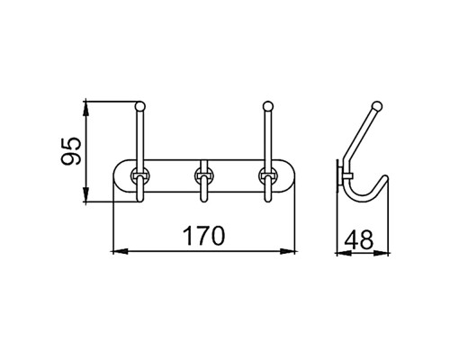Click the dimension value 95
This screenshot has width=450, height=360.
(x=71, y=151)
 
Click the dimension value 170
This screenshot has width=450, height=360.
(x=203, y=236)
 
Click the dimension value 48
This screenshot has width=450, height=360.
(x=358, y=239)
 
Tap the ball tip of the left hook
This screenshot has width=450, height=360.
(x=140, y=106)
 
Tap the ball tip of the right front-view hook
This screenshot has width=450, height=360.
(x=268, y=106)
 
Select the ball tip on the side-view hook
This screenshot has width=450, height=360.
(x=377, y=106)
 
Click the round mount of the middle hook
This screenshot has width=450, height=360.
(x=204, y=175)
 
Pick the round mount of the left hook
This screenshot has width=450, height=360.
(x=140, y=175)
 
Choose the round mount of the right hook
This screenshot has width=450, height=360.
(x=268, y=175)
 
